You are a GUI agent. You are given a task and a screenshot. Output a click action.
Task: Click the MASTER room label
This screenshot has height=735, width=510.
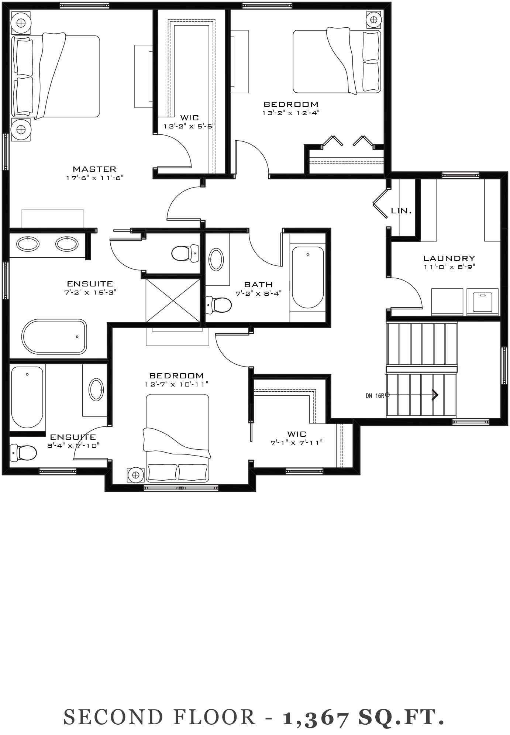[x=94, y=169]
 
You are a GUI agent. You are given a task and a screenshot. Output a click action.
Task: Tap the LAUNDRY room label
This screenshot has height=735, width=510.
[x=449, y=258]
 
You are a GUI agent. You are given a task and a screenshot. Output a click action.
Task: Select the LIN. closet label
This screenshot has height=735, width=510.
[x=401, y=211]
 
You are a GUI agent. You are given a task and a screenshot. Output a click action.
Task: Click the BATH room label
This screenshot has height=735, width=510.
[x=259, y=285]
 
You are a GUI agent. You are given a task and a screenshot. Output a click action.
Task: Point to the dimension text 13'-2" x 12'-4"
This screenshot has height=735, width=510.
[x=291, y=113]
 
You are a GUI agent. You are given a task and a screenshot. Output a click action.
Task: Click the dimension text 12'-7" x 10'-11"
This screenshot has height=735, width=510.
[x=177, y=384]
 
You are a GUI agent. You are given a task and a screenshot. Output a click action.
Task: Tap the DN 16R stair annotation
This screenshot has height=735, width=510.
[x=375, y=396]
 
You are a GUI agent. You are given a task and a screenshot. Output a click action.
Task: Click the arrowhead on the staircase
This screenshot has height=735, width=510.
[x=435, y=395]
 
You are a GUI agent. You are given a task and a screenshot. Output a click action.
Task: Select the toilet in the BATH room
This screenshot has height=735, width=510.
[x=218, y=305]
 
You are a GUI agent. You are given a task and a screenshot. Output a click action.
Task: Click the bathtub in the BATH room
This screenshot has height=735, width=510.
[x=308, y=277]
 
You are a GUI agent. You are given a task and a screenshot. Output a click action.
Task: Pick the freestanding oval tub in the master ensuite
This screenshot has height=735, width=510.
[x=54, y=337]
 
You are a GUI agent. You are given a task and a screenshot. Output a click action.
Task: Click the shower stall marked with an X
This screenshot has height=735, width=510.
[x=173, y=300]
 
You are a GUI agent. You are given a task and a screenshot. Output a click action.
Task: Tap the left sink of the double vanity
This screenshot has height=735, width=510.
[x=28, y=244]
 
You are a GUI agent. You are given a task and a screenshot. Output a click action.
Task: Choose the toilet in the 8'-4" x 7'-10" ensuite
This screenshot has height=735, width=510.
[x=23, y=453]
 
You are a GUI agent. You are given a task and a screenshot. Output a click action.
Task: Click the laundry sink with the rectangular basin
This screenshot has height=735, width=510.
[x=482, y=302]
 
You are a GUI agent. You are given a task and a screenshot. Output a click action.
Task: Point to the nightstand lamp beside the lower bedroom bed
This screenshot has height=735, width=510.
[x=136, y=475]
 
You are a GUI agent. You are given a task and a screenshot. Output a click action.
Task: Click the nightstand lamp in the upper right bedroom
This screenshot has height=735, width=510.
[x=374, y=19]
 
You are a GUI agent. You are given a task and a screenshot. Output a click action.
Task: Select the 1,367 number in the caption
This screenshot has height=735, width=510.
[x=316, y=717]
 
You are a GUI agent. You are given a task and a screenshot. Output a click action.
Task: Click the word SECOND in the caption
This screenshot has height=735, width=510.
[x=113, y=717]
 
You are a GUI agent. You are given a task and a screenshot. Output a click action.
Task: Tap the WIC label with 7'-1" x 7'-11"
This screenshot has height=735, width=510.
[x=297, y=434]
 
